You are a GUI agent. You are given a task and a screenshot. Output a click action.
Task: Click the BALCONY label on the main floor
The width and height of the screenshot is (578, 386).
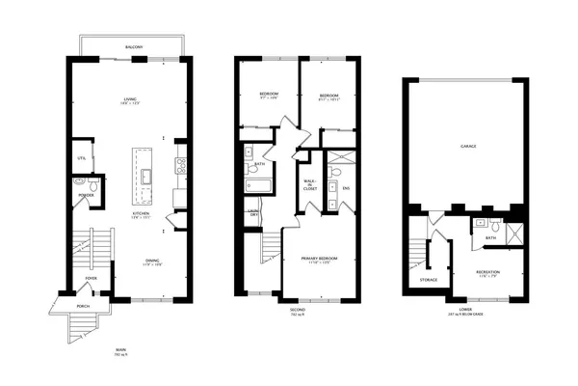134,46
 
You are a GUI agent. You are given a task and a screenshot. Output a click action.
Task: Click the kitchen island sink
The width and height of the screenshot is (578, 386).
146,177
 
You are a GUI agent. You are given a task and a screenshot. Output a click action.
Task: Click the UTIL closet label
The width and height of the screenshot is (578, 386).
81,157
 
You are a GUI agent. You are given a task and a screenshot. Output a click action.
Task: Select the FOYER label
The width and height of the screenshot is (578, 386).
92,278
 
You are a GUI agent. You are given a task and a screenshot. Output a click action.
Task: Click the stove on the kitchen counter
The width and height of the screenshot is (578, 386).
179,167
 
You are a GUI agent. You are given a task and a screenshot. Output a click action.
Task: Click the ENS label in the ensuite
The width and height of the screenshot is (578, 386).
345,187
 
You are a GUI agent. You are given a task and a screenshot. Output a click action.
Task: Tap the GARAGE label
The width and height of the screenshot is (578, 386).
468,145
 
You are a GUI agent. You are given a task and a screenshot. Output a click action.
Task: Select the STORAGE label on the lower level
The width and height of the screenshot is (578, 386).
429,280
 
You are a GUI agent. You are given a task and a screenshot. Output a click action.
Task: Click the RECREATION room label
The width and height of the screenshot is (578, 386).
486,272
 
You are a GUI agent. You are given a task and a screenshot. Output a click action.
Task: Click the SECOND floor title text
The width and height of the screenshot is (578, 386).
297,310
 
